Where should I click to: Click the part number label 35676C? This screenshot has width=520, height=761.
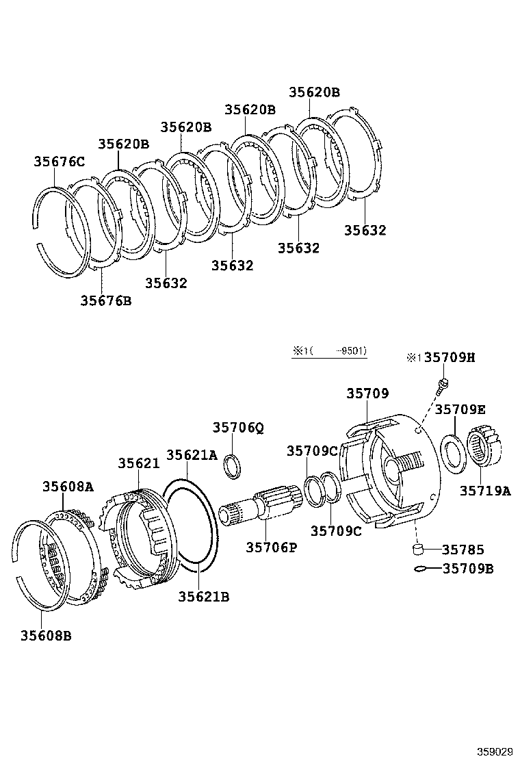(59, 162)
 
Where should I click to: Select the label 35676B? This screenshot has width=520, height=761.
(105, 300)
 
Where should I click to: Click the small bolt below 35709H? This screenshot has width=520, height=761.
(443, 383)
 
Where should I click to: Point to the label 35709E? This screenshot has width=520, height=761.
(460, 409)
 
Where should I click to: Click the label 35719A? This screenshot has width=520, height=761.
(484, 490)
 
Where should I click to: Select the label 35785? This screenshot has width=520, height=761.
(463, 550)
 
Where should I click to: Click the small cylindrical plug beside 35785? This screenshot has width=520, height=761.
(419, 550)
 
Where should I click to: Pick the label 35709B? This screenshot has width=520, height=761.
(468, 568)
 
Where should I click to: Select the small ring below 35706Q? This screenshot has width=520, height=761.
(233, 467)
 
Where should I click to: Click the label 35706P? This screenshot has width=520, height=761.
(271, 547)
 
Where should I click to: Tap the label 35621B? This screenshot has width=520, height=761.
(203, 597)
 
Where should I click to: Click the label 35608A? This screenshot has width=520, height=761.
(67, 487)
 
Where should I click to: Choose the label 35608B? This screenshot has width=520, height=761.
(46, 635)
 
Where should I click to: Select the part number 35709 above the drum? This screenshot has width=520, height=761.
(367, 394)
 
